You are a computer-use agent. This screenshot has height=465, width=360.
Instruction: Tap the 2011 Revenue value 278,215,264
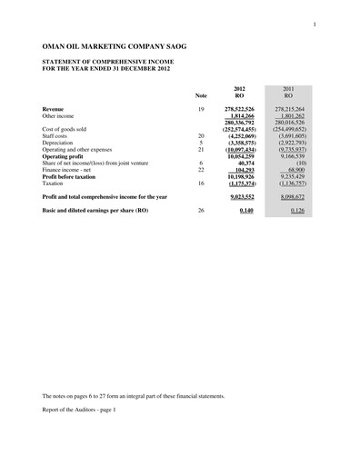(x=286, y=109)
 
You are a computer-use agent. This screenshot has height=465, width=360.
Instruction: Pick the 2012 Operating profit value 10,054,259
(x=237, y=156)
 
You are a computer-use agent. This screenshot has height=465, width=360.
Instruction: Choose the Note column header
(x=201, y=95)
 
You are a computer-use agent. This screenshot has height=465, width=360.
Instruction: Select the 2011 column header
(x=288, y=88)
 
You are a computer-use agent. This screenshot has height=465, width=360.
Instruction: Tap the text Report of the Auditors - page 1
(x=80, y=410)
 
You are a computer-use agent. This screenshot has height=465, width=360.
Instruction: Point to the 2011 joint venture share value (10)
(x=301, y=163)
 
